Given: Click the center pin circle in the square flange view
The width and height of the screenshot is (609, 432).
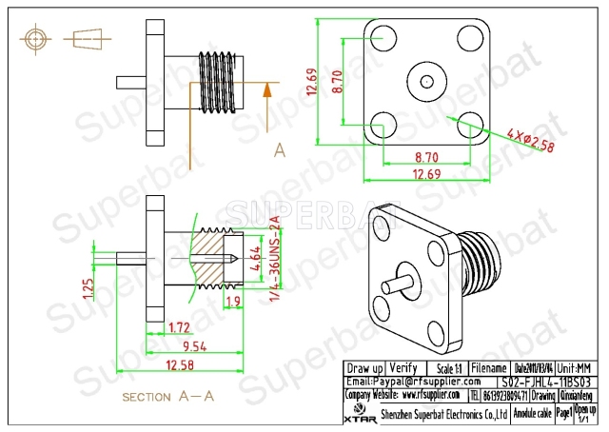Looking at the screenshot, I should pyautogui.click(x=424, y=81).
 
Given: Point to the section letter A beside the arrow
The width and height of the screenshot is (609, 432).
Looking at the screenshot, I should pyautogui.click(x=280, y=149).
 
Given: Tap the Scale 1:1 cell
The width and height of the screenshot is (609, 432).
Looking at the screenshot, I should pyautogui.click(x=439, y=367).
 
